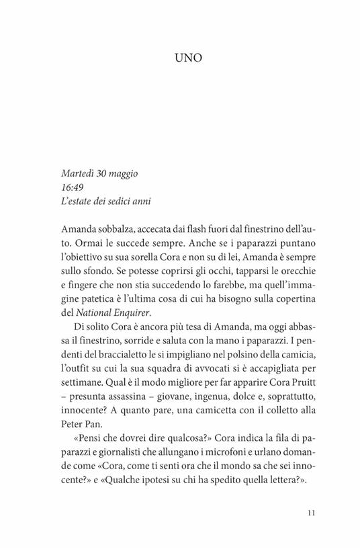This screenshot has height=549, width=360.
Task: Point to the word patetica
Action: (109, 304)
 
